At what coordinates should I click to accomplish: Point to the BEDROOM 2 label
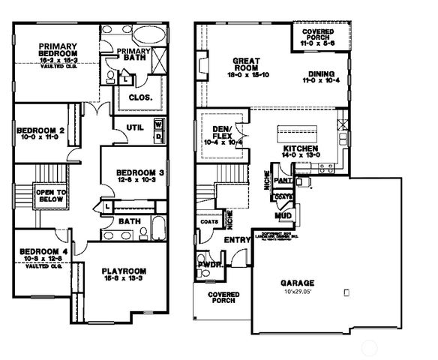[40, 129]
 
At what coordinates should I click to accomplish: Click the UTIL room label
[134, 126]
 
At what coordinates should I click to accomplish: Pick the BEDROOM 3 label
[130, 170]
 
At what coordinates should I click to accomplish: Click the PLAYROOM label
[124, 270]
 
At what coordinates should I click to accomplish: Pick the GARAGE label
[297, 283]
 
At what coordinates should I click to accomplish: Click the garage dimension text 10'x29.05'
[298, 292]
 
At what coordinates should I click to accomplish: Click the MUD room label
[283, 215]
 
